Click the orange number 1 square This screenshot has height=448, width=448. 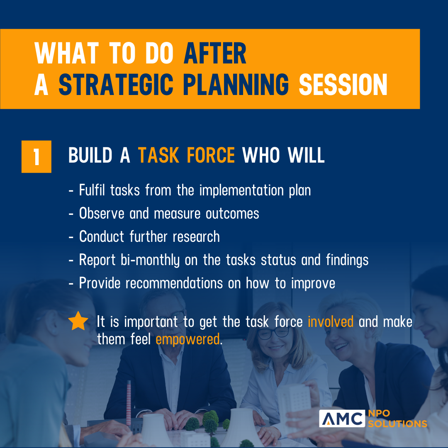point(36,156)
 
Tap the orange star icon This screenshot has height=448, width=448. point(78,321)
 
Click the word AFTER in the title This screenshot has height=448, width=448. point(215,54)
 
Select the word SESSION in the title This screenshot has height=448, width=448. point(343,85)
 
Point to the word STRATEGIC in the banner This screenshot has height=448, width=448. point(116,85)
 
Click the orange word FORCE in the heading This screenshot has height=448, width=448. point(211,156)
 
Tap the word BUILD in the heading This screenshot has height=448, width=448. point(90,156)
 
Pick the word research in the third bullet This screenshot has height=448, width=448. point(196,236)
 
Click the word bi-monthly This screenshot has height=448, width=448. point(150,260)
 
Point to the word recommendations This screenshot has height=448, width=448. point(174,283)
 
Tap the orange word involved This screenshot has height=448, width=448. point(331,322)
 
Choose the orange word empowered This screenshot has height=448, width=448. point(188,340)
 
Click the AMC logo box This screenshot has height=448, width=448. point(342,419)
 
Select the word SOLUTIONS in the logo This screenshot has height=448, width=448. point(397,424)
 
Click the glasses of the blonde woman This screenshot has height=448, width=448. point(273,333)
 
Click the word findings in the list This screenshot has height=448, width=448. point(347,260)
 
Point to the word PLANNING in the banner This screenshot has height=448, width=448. point(236,85)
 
